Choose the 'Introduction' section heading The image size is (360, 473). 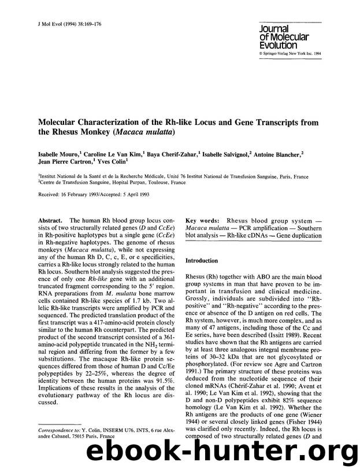point(202,261)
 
